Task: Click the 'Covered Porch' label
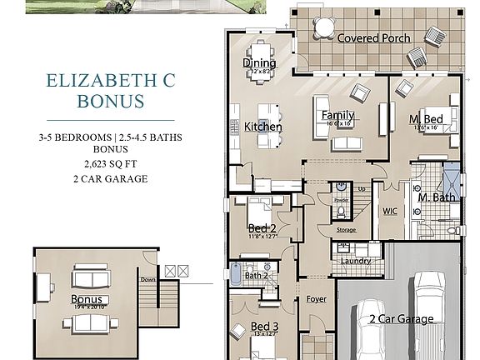tap(373, 38)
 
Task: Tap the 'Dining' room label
tap(259, 63)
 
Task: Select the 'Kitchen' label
tap(262, 127)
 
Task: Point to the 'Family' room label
tap(337, 116)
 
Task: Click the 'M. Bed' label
tap(426, 120)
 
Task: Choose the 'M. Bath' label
tap(435, 197)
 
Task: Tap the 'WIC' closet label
tap(390, 212)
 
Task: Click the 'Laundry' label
tap(356, 262)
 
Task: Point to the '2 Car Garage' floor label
tap(402, 319)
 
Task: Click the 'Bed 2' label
tap(262, 228)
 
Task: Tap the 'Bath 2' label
tap(255, 275)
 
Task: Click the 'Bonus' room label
tap(87, 299)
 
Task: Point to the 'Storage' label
tap(347, 230)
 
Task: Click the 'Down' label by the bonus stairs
tap(148, 280)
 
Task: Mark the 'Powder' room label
tap(341, 200)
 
